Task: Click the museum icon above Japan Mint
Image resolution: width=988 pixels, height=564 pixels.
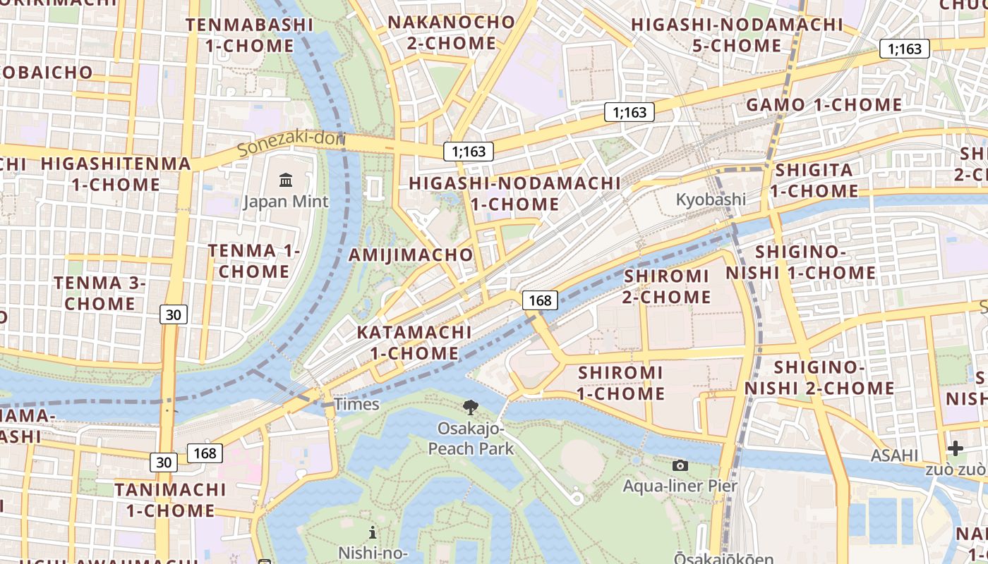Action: click(286, 180)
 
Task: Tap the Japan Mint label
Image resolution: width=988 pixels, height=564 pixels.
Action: click(286, 202)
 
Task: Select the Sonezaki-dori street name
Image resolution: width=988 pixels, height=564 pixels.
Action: click(290, 143)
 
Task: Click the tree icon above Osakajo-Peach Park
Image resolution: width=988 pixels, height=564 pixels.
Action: click(470, 407)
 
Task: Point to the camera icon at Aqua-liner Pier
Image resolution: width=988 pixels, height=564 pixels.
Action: click(680, 465)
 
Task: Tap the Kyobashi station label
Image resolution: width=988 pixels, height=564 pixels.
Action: click(711, 199)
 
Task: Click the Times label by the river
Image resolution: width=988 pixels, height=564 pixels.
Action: click(356, 404)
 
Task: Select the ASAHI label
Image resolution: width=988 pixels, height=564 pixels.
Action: click(894, 455)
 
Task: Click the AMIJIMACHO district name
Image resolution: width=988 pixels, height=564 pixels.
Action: click(411, 255)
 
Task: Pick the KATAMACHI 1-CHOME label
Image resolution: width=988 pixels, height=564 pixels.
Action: click(414, 342)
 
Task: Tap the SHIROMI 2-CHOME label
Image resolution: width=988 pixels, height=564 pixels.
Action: click(666, 286)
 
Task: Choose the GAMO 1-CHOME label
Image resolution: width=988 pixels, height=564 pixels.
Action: click(824, 105)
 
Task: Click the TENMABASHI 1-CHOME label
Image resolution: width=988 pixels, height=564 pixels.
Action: click(249, 35)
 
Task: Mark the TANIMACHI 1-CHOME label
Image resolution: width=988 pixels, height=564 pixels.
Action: click(170, 499)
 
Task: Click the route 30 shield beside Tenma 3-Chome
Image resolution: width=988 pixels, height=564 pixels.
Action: click(173, 314)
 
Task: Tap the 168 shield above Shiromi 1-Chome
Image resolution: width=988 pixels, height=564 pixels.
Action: click(540, 300)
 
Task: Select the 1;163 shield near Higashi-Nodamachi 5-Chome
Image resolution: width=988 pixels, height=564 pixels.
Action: click(904, 49)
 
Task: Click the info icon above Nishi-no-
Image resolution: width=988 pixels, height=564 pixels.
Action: click(373, 532)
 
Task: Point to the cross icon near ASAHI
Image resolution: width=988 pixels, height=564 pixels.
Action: click(956, 448)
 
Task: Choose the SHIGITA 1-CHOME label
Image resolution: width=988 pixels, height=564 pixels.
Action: click(814, 180)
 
